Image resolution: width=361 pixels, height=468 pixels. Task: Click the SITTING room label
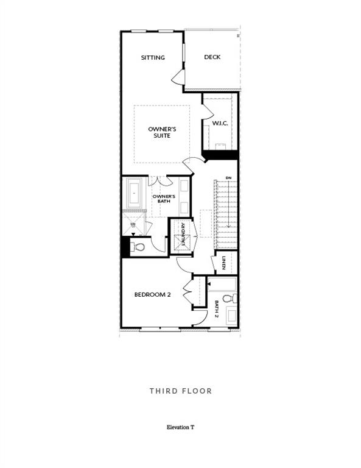[153, 58]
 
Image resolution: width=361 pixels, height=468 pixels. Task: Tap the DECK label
[212, 57]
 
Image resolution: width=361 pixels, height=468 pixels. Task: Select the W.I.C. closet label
[219, 124]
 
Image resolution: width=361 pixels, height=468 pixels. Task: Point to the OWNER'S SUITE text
[162, 132]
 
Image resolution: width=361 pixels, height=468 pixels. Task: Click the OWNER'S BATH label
[164, 199]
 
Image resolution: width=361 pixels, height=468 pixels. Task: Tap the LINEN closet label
[225, 263]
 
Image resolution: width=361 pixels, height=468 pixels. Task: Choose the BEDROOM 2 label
[152, 295]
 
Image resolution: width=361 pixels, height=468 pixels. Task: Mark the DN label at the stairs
[228, 178]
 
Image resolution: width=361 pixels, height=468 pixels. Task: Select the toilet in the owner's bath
[138, 247]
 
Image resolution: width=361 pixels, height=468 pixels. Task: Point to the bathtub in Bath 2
[222, 283]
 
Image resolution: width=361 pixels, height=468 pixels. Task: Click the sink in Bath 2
[231, 316]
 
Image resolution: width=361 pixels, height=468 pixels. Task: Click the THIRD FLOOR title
[181, 391]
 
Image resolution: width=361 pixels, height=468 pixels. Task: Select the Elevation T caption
[180, 428]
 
